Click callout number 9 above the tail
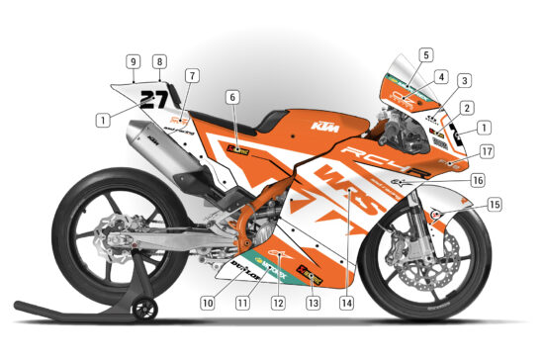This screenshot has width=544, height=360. click(x=132, y=61)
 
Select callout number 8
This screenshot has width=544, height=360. click(x=158, y=61)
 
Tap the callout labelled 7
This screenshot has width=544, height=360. click(x=191, y=75)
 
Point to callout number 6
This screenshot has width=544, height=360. click(x=232, y=97)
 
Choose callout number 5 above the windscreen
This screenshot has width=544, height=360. click(x=425, y=55)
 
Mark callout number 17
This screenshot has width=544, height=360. click(x=488, y=152)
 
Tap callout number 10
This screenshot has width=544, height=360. click(x=207, y=301)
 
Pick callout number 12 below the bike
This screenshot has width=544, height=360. click(x=279, y=302)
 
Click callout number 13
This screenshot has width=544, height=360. click(x=313, y=302)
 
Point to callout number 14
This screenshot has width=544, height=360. click(x=345, y=302)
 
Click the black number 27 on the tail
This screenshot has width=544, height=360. click(x=154, y=98)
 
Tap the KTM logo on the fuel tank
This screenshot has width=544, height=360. click(x=322, y=128)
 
